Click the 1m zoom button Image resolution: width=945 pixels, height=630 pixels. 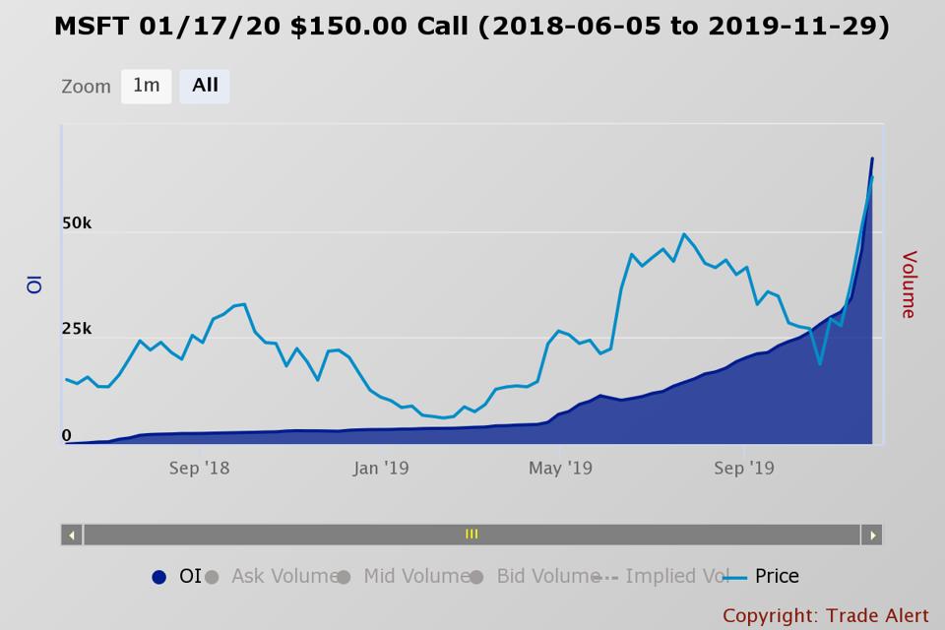click(x=146, y=86)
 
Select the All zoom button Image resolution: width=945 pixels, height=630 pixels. click(x=205, y=86)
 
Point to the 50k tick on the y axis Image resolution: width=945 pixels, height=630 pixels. click(x=77, y=223)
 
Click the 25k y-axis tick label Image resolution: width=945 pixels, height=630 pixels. click(x=77, y=329)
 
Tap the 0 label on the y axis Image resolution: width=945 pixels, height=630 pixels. click(x=67, y=435)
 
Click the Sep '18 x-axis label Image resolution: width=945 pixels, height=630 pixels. click(x=199, y=469)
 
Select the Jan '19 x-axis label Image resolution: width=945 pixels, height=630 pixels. click(x=380, y=469)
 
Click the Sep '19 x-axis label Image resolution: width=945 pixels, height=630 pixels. click(x=743, y=469)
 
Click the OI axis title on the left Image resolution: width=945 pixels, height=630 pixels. click(x=34, y=283)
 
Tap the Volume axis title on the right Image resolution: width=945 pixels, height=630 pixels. click(x=908, y=284)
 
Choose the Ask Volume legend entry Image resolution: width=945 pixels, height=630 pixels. click(x=283, y=577)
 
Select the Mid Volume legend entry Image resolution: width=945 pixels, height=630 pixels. click(x=415, y=577)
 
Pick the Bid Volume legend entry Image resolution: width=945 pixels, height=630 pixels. click(x=547, y=577)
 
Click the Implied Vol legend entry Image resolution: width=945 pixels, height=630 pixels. click(x=675, y=577)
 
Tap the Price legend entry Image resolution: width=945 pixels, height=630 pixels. click(x=776, y=577)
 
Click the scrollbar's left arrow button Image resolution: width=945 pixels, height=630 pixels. click(x=71, y=535)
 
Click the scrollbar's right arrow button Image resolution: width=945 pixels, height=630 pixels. click(x=871, y=535)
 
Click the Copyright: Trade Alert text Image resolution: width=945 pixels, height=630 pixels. click(x=825, y=615)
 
